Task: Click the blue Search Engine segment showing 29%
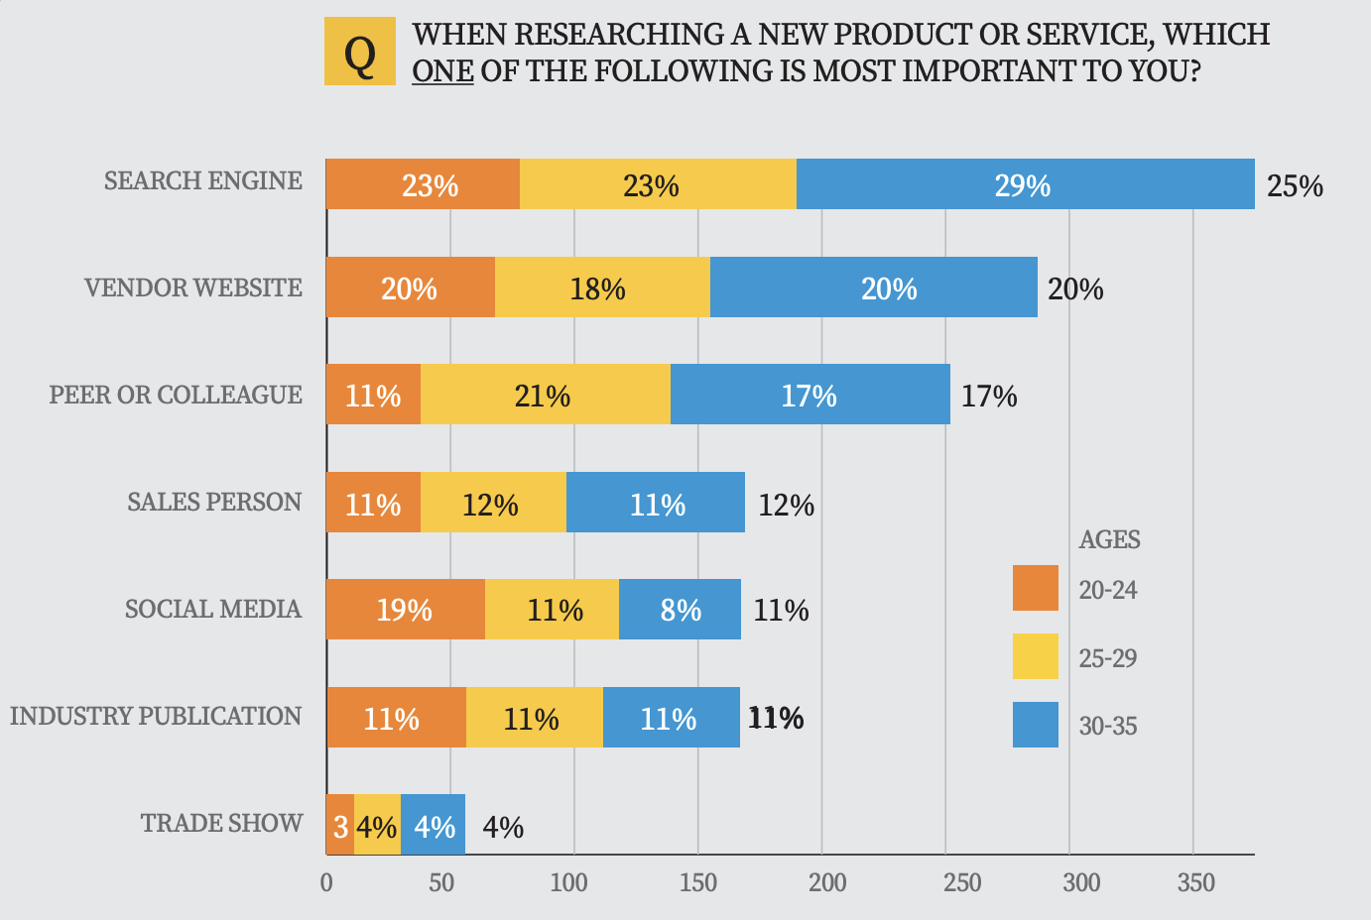[x=1025, y=185]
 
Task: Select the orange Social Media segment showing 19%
[x=405, y=609]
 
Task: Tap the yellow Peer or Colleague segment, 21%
[x=545, y=396]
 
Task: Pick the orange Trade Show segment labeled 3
[x=340, y=826]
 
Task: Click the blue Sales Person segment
[x=656, y=504]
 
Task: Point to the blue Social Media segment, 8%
[x=680, y=609]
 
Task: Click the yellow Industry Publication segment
[x=534, y=718]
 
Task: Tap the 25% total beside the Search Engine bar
[x=1295, y=186]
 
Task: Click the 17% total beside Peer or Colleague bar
[x=989, y=397]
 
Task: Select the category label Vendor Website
[x=193, y=288]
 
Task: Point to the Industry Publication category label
[x=156, y=716]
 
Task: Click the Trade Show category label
[x=221, y=823]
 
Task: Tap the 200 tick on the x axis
[x=827, y=882]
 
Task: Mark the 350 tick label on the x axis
[x=1195, y=882]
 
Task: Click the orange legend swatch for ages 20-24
[x=1035, y=588]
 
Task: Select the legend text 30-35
[x=1108, y=726]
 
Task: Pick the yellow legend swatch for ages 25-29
[x=1035, y=656]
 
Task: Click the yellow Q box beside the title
[x=360, y=52]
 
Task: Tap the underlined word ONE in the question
[x=442, y=71]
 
